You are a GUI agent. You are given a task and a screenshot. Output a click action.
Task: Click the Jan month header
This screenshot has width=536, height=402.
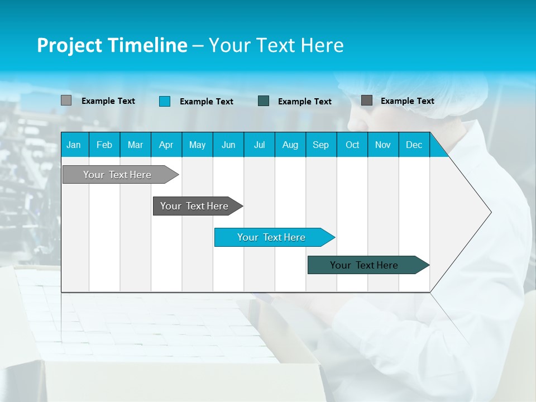[74, 145]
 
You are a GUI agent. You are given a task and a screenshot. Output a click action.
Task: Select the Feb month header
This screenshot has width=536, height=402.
[104, 145]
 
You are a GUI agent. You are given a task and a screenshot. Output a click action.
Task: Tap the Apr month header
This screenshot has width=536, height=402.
[166, 145]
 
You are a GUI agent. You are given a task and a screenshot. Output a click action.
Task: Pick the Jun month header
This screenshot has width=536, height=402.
[228, 145]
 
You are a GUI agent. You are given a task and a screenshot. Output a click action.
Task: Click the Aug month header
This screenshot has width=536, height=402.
[290, 145]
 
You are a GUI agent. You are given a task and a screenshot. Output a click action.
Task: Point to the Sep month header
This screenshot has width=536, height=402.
[320, 145]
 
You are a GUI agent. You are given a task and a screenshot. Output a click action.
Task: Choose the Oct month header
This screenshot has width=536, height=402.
[352, 145]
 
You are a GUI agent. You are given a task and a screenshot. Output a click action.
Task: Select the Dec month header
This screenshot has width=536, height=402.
[414, 145]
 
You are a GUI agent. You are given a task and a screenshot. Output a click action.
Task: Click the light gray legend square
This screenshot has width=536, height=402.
[66, 100]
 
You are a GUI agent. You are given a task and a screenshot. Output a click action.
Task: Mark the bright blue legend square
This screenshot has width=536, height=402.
[165, 101]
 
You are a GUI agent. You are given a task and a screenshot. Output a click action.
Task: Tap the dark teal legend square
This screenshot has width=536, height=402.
[264, 101]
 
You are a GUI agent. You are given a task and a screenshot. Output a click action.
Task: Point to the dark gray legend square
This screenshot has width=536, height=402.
[367, 100]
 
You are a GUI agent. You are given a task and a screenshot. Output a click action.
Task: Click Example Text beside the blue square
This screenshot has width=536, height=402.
[206, 102]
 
